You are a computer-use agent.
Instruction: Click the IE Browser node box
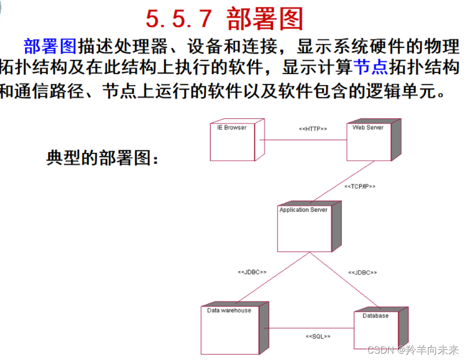click(233, 143)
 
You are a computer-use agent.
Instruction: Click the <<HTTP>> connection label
click(312, 129)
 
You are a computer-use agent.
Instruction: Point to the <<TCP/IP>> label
click(360, 186)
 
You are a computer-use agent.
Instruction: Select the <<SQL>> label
click(318, 337)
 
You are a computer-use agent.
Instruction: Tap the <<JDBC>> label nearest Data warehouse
click(252, 272)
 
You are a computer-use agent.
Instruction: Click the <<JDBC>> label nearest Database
click(363, 272)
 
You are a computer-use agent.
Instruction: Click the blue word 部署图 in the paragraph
click(50, 46)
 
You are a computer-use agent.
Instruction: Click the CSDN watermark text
click(413, 350)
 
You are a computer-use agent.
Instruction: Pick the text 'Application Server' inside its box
click(303, 210)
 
